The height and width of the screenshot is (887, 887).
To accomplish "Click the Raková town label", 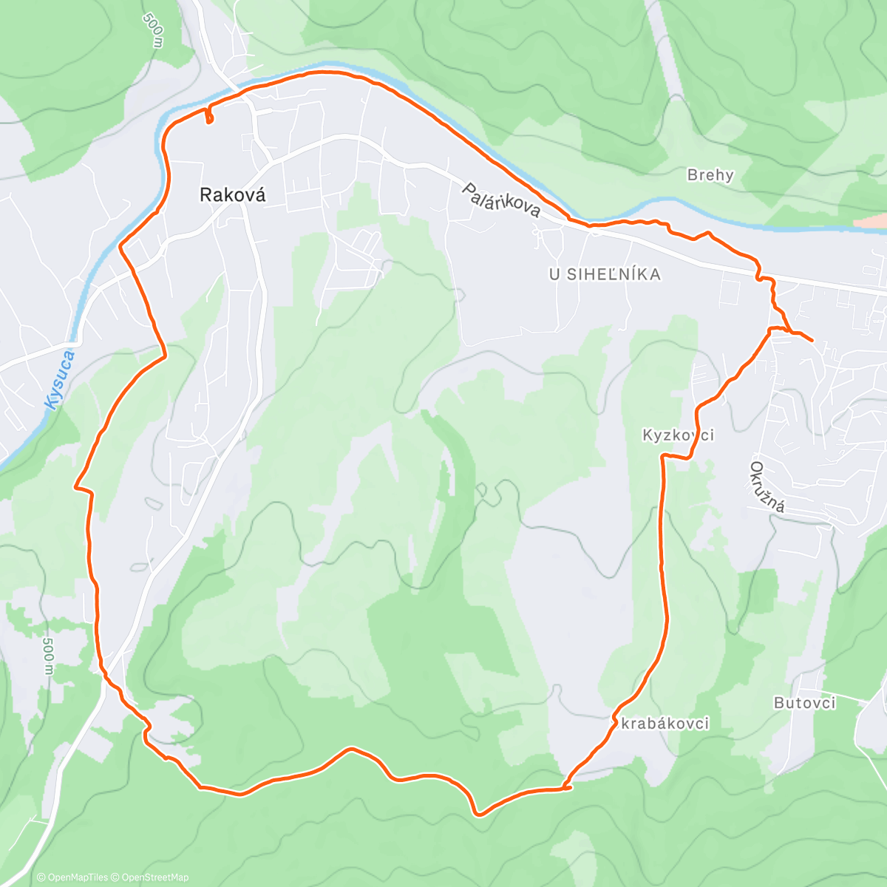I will [232, 194].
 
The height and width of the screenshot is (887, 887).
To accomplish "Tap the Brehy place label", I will [710, 175].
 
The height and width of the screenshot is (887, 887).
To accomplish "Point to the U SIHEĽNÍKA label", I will [604, 274].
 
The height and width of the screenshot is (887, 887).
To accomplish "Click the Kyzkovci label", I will [678, 435].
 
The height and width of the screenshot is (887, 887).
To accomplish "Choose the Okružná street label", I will [767, 488].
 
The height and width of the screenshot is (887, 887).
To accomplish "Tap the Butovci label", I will [804, 702].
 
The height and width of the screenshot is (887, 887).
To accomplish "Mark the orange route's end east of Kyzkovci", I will [812, 341].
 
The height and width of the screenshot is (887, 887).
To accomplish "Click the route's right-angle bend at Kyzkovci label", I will [662, 457].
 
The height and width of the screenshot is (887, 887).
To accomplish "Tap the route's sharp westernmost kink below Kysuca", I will [75, 486].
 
